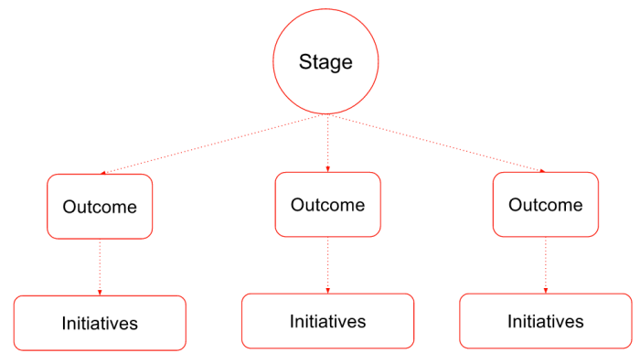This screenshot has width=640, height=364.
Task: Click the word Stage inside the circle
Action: (325, 63)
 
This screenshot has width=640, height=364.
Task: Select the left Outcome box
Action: (100, 207)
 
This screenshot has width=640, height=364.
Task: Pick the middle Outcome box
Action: (327, 205)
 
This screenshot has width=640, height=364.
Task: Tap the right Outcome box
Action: (546, 205)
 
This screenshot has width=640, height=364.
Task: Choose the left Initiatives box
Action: (100, 323)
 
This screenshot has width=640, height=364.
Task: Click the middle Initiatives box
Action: (327, 321)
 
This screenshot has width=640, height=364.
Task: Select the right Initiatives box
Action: (546, 321)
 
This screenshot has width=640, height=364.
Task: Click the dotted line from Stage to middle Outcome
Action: (326, 142)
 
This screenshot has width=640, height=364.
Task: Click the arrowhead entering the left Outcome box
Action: (103, 172)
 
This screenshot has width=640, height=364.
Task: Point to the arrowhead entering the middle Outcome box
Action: (327, 169)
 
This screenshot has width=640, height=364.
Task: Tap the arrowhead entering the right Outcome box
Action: (542, 170)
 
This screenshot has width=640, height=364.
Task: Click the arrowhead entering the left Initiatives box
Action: (100, 293)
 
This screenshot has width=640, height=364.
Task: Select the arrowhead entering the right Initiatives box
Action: (546, 291)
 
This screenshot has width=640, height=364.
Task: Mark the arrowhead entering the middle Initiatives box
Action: (327, 291)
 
